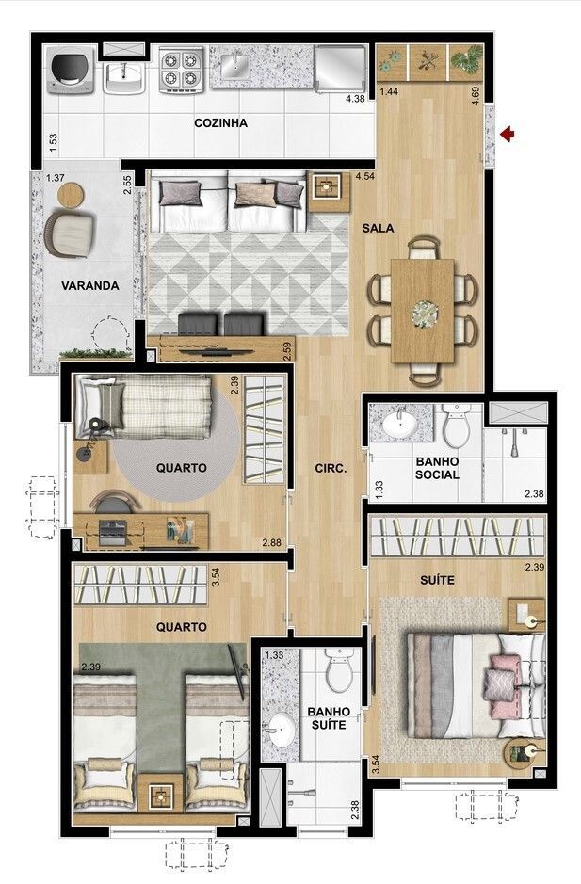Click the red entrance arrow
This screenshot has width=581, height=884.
(x=508, y=134)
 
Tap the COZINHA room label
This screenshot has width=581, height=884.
(x=220, y=123)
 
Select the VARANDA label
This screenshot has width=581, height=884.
(x=90, y=286)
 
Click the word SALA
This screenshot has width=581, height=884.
(x=378, y=229)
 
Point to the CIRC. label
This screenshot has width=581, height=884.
(x=331, y=468)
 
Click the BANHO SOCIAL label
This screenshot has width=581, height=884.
(x=437, y=469)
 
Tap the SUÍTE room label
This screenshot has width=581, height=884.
(x=437, y=580)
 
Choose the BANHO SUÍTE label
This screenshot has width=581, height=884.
(x=329, y=718)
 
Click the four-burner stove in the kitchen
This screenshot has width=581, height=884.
(x=182, y=70)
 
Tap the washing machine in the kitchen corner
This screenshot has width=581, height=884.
(x=71, y=70)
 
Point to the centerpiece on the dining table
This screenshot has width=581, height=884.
(x=423, y=313)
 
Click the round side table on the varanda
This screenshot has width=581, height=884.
(x=71, y=195)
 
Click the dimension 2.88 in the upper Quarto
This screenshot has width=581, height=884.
(x=271, y=543)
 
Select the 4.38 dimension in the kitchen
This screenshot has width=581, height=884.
(x=355, y=99)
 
